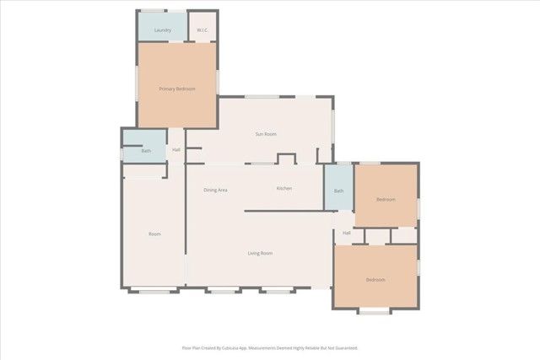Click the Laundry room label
(164, 31)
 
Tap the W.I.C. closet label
(202, 31)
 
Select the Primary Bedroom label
(177, 89)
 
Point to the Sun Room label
(267, 134)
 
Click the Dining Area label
(216, 190)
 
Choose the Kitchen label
(284, 188)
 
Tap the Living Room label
(260, 253)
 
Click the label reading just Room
(154, 234)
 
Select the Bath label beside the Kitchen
(339, 191)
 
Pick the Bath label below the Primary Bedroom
(146, 151)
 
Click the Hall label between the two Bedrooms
(346, 233)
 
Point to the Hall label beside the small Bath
(176, 150)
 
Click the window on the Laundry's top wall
(153, 11)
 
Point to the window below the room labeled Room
(153, 292)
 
